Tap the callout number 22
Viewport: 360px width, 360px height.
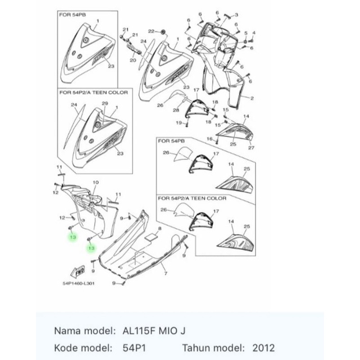pos(151,31)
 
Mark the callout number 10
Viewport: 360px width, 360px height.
pos(95,183)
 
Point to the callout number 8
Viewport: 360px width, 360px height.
pos(160,229)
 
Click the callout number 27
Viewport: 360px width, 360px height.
pos(251,148)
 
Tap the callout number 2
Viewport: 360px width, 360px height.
pos(252,98)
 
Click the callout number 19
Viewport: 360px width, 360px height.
pos(179,122)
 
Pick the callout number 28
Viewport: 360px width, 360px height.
pos(176,110)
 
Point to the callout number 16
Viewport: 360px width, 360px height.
pos(209,139)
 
